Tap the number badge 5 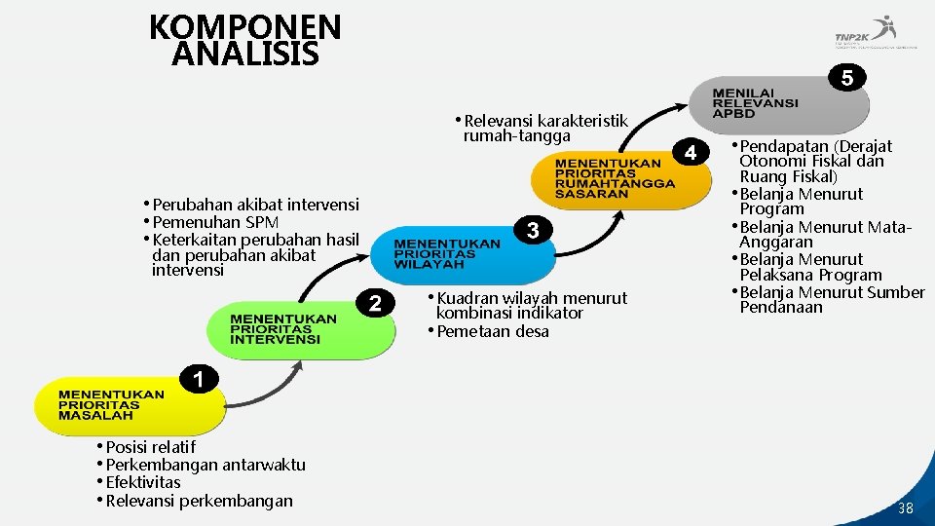pos(847,79)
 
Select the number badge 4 pos(691,153)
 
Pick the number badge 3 pos(533,230)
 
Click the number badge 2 pos(375,304)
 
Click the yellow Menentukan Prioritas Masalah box pos(112,405)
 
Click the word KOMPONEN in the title pos(245,26)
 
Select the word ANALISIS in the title pos(244,54)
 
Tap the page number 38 pos(906,508)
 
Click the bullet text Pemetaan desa pos(492,331)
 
